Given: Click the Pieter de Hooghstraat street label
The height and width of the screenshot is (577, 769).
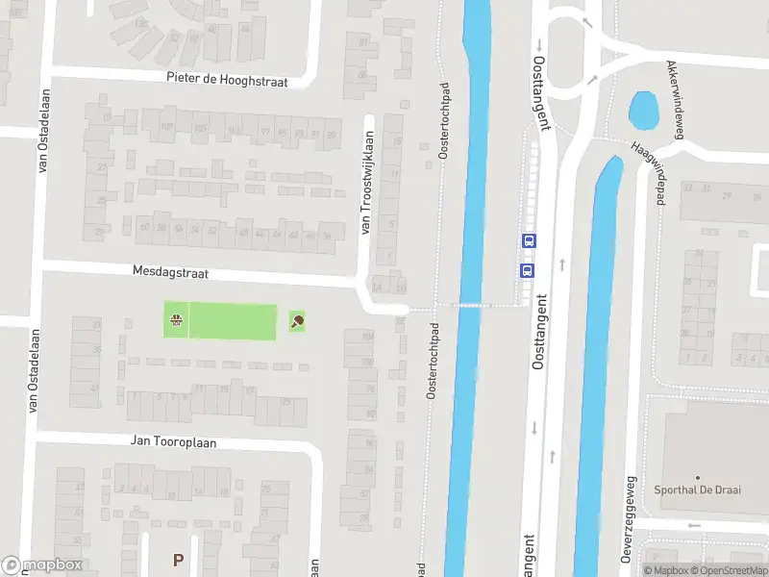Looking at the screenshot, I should [227, 81].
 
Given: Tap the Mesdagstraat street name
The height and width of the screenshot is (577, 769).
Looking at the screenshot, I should [171, 273].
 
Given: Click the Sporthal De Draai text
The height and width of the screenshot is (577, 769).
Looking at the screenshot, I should [698, 489].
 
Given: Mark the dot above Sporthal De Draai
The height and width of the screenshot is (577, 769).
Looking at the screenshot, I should [698, 477].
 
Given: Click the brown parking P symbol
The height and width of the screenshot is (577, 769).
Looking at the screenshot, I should [178, 559].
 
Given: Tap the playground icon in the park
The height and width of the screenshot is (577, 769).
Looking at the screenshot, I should [176, 321].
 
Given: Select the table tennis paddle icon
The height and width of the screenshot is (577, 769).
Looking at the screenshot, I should [296, 321].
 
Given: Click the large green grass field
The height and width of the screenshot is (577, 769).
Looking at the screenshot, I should [234, 321].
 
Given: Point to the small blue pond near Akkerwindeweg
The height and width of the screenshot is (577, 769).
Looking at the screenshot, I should [642, 112].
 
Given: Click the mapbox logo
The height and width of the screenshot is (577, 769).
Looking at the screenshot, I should [42, 564].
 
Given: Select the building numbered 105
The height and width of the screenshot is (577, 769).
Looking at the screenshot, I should [201, 128].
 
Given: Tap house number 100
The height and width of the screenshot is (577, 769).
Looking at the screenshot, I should [367, 363].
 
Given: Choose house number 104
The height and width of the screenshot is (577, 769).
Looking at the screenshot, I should [367, 337].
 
